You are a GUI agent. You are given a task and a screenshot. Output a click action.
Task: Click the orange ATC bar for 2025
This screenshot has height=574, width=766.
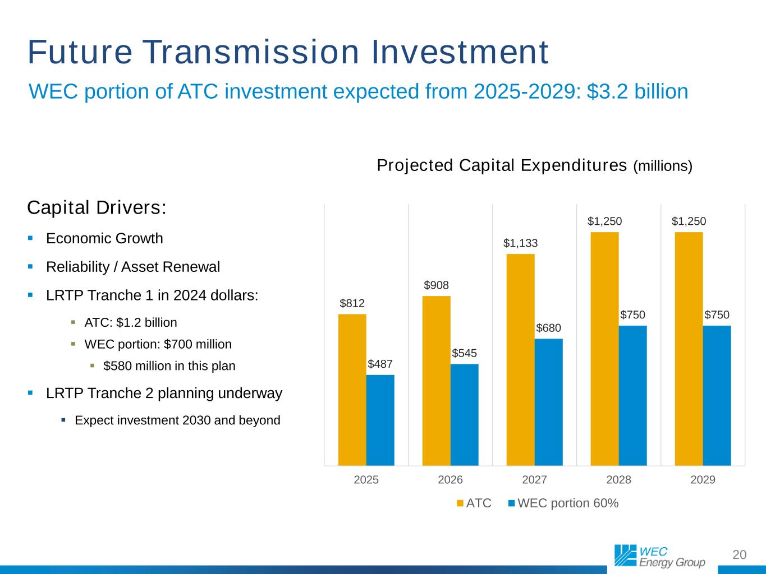[x=352, y=390]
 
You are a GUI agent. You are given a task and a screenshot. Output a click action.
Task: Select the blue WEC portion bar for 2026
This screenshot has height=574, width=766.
[x=465, y=415]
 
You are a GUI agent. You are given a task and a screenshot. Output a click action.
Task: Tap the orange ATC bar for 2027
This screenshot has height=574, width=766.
[x=521, y=359]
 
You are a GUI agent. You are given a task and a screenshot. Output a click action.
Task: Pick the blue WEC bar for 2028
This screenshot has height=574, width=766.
[x=633, y=395]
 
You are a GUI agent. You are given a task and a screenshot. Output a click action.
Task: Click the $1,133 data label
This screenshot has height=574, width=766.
[x=520, y=243]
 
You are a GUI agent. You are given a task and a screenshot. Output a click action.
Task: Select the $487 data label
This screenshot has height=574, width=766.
[x=380, y=364]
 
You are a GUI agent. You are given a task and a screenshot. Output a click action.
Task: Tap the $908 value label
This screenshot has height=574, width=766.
[x=436, y=285]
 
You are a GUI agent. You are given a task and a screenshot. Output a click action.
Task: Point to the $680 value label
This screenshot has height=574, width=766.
[x=548, y=328]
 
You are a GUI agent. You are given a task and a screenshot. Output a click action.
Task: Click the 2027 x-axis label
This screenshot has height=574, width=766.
[x=534, y=480]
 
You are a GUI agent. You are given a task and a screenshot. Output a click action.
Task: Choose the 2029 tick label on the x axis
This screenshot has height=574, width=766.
[x=703, y=480]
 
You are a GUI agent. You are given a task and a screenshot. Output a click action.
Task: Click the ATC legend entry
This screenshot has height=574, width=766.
[x=474, y=503]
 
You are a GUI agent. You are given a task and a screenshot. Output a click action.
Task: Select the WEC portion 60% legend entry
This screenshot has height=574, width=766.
[x=563, y=503]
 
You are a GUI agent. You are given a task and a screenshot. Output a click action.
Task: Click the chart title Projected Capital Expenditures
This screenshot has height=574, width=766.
[x=502, y=166]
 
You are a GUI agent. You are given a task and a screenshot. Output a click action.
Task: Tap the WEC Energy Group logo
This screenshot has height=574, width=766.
[x=659, y=556]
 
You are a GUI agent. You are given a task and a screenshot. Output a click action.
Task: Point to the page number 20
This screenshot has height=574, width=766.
[x=740, y=555]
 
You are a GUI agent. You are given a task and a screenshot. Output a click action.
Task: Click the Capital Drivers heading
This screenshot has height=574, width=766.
[x=97, y=208]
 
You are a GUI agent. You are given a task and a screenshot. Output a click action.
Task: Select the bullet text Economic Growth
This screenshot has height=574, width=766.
[x=104, y=239]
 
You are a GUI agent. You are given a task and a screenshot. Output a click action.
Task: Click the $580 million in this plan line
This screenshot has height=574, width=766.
[x=169, y=367]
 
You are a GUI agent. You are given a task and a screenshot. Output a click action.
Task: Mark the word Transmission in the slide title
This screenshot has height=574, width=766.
[x=251, y=52]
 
